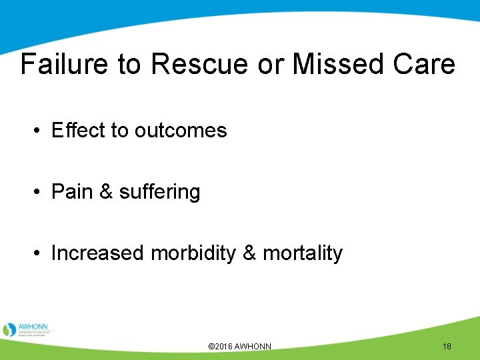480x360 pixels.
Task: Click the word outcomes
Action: coord(181,130)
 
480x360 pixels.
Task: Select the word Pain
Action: coord(71,192)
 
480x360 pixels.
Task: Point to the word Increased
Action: coord(98,253)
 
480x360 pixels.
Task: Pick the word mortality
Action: coord(303,253)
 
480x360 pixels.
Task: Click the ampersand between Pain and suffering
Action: coord(105,192)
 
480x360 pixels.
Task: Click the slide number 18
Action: coord(447,347)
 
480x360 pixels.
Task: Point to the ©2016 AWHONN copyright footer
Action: coord(239,347)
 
